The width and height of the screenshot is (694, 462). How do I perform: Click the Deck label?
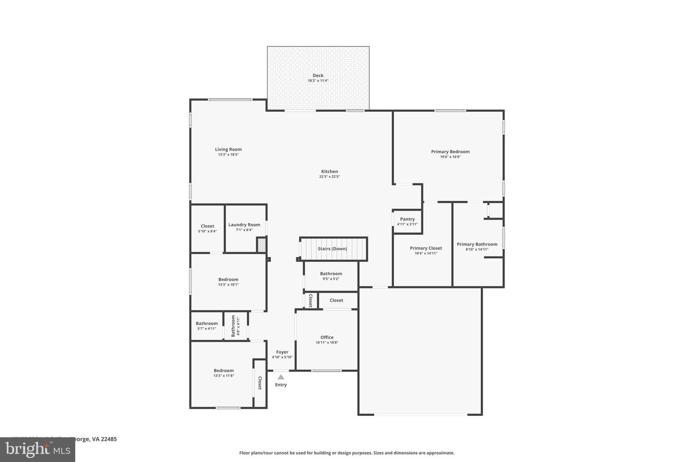pos(318,76)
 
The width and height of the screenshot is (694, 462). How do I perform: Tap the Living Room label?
pos(228,150)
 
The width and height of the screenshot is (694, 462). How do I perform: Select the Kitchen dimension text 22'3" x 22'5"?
pos(330,177)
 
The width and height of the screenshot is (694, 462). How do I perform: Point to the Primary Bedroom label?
pos(450,152)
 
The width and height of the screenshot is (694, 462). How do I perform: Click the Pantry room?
pos(407,221)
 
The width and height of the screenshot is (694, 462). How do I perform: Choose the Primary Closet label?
pos(426,248)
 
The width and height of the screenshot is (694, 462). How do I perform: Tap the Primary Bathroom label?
pos(477,244)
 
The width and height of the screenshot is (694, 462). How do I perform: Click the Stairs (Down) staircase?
pos(333,249)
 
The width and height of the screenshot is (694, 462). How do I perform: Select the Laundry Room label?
pos(244,225)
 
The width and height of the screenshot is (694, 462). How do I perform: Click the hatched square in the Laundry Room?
pos(261,245)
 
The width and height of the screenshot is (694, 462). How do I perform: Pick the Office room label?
pos(327,337)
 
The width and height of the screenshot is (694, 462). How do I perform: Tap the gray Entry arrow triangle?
pos(281,377)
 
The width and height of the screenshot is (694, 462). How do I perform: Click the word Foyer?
pos(282,352)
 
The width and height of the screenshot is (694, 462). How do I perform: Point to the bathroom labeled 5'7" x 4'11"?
pos(207,326)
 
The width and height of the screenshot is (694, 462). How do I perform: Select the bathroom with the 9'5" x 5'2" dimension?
pos(331,276)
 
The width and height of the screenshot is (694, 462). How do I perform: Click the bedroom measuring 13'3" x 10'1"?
pos(228,282)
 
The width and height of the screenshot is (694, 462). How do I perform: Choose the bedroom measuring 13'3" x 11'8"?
pos(224,373)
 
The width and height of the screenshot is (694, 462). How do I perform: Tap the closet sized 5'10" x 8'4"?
pos(207,229)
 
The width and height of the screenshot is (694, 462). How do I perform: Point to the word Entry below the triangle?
pos(281,385)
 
